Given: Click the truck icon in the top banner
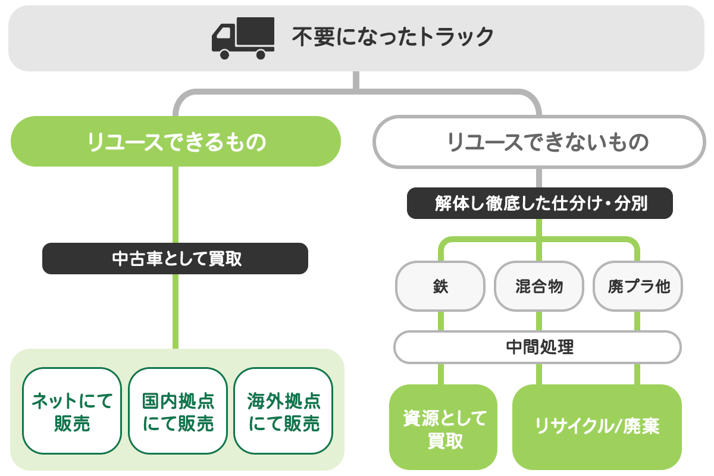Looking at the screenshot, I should coord(243,38).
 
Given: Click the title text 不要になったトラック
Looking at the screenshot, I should coord(393,37).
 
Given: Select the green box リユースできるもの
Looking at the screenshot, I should coord(176,142).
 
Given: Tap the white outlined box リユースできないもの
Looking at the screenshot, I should coord(538,142).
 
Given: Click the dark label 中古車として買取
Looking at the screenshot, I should coord(176,259).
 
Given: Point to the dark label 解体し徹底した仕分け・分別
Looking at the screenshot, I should coord(540,203).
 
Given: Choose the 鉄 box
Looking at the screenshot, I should coord(440,286).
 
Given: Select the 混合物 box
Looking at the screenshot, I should coord(539,286).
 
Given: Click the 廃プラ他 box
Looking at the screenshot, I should coord(638,286).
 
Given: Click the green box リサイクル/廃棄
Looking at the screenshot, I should coord(597,427).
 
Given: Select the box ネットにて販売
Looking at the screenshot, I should coord(72,411).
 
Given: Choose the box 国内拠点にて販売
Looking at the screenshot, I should coord(178,411).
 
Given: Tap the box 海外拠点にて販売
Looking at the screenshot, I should coord(283,411).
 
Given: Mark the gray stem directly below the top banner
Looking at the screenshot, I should coord(356,80).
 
